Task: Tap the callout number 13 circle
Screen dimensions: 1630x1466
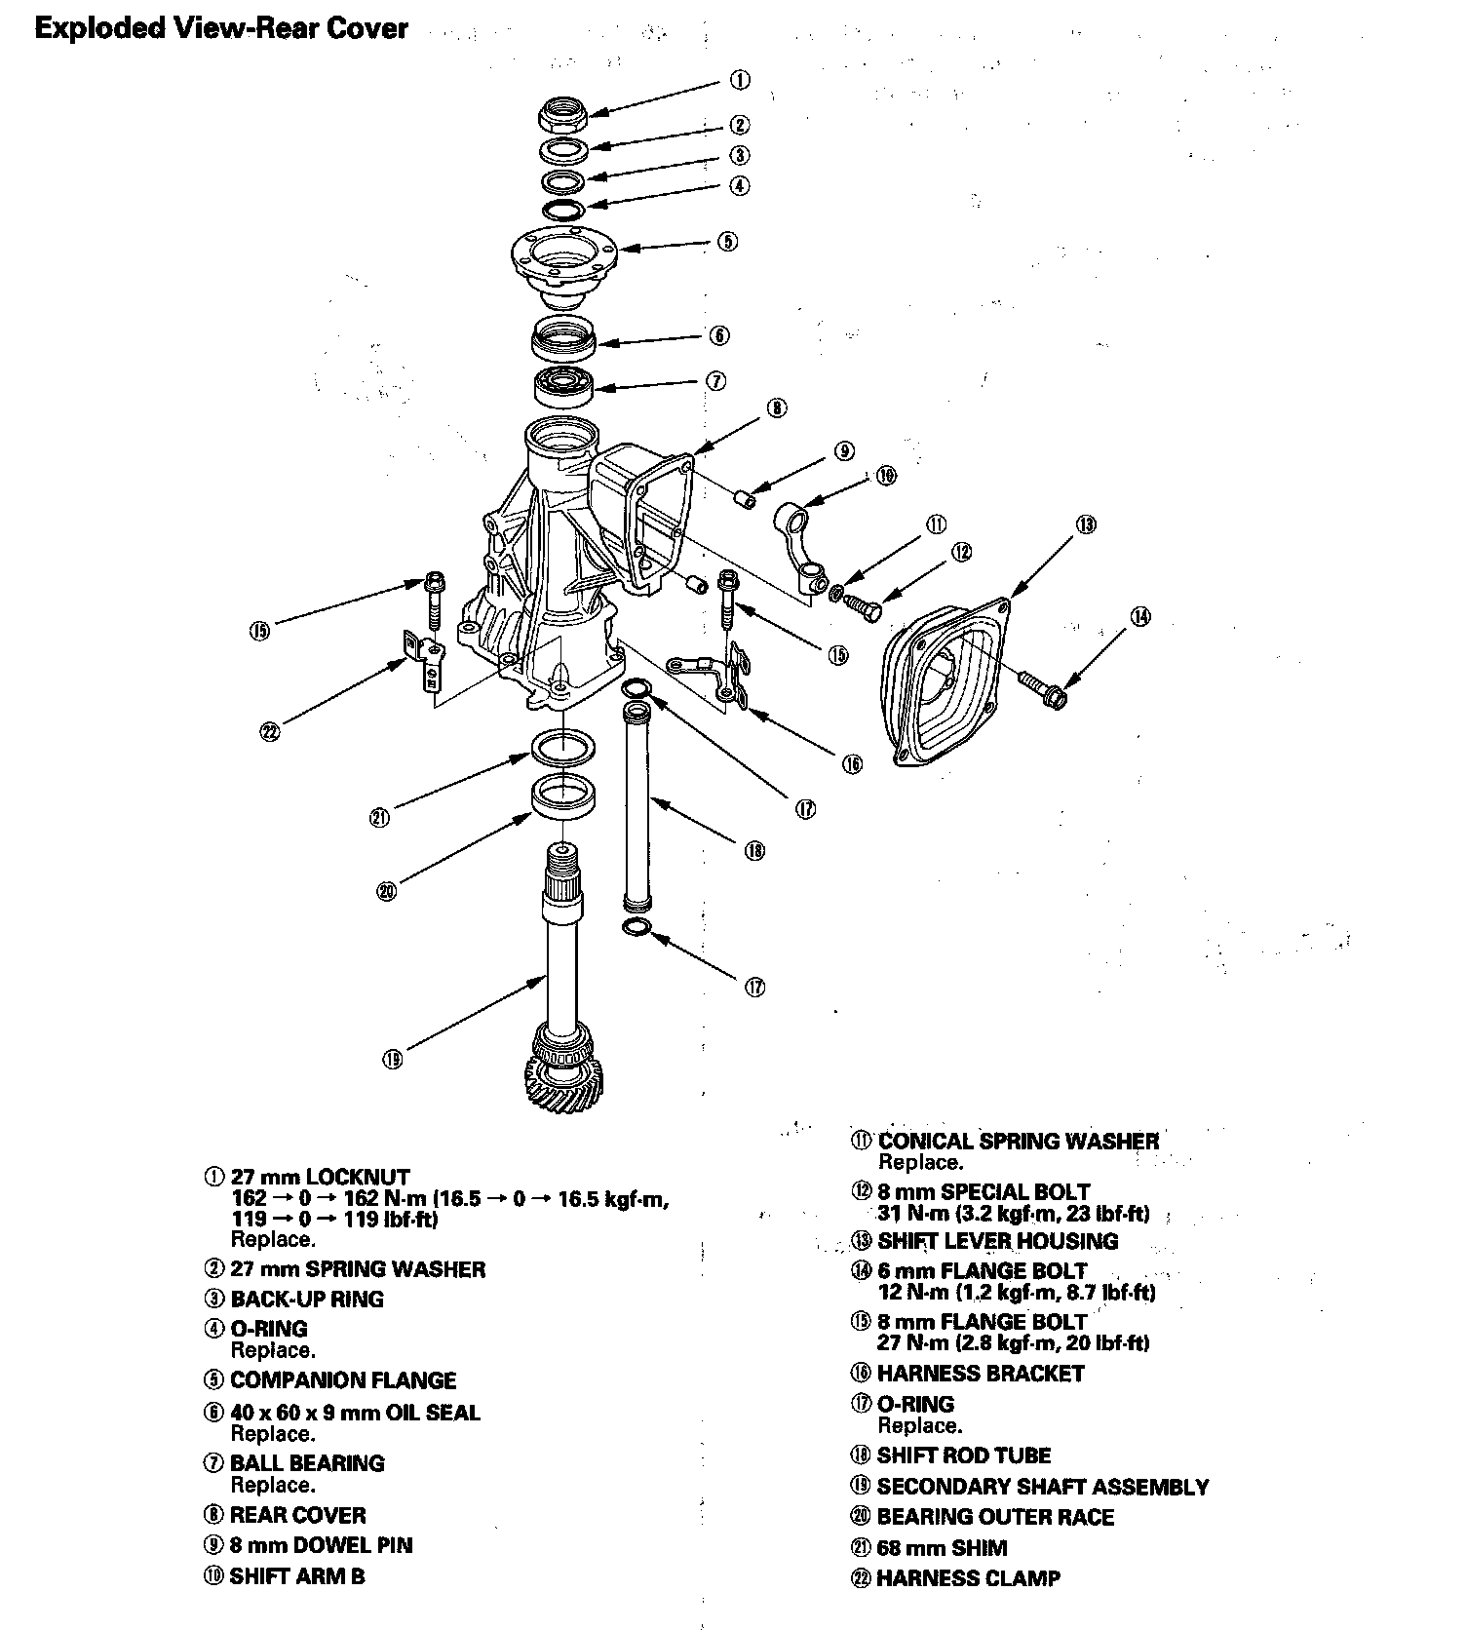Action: point(1087,524)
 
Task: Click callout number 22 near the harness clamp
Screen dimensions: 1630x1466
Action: point(270,730)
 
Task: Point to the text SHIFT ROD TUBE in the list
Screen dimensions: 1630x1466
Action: point(963,1455)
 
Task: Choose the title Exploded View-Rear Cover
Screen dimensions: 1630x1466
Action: point(221,28)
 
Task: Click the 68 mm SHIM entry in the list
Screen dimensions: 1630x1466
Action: point(942,1547)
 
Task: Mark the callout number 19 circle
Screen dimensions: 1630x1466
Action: point(392,1060)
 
